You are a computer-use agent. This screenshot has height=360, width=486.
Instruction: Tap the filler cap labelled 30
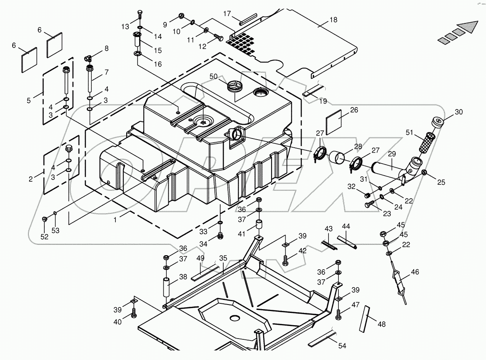[x=438, y=123]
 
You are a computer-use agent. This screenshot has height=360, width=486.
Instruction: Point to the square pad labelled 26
[x=334, y=121]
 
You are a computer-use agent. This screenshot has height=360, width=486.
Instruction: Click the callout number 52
[x=45, y=236]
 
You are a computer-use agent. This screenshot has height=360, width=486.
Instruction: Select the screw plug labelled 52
[x=44, y=219]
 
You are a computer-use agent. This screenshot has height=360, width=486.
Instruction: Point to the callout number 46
[x=415, y=272]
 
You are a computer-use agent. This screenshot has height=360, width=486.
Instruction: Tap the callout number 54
[x=342, y=345]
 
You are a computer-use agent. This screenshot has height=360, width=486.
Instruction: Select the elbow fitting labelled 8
[x=88, y=58]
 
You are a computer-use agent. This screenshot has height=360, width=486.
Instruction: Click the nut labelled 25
[x=424, y=173]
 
